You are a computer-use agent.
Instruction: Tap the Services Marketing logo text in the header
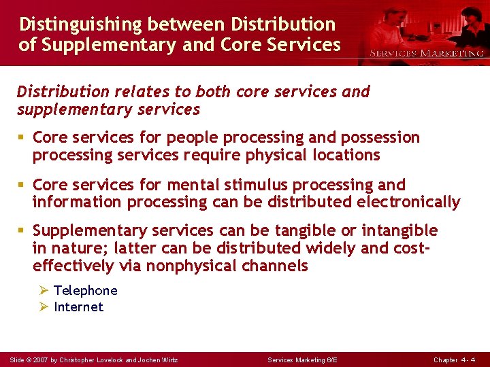tap(427, 53)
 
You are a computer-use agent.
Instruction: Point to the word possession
tap(382, 138)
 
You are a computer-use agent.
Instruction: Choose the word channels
tap(280, 266)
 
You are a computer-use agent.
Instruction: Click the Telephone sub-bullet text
tap(85, 291)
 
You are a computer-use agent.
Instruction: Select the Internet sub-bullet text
tap(78, 307)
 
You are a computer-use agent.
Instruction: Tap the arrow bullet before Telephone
tap(43, 291)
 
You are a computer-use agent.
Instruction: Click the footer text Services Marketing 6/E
tap(302, 360)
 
